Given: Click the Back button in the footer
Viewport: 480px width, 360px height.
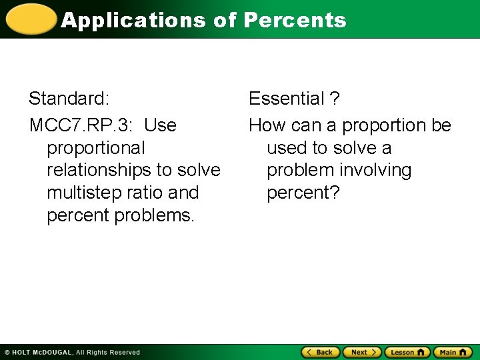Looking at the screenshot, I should [321, 352].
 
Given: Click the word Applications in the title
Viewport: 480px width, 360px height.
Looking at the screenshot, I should [133, 20].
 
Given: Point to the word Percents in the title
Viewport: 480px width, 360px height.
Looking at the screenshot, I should [295, 20].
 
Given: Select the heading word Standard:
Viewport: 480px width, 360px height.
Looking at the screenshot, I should [69, 99].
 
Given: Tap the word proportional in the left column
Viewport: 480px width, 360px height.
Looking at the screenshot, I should [95, 148].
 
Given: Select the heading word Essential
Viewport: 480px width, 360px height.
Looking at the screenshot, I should [286, 99].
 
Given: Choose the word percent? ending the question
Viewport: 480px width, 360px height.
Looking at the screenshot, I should [303, 193].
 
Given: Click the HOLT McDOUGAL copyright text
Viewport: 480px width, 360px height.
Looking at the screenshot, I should [73, 352].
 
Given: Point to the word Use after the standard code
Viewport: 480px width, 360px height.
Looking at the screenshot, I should [160, 125].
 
